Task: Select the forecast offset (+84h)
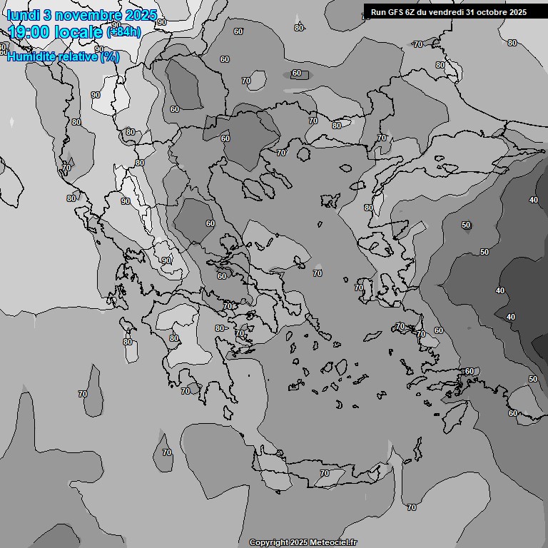[123, 32]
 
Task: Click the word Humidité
[31, 56]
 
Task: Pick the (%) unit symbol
[110, 56]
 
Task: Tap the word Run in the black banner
[378, 12]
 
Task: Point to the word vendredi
[445, 12]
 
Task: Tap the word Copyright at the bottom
[268, 542]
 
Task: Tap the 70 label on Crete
[325, 473]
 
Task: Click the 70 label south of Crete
[411, 507]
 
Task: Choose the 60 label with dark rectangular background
[297, 73]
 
